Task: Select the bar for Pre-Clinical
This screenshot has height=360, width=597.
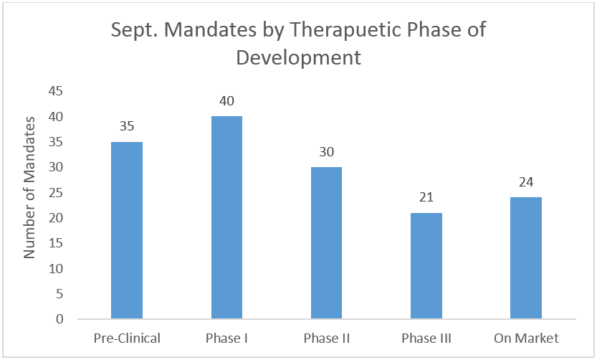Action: pyautogui.click(x=127, y=230)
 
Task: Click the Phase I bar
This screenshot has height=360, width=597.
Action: pyautogui.click(x=226, y=217)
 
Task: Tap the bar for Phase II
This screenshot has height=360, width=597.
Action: pyautogui.click(x=326, y=242)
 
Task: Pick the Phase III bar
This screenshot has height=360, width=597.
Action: pyautogui.click(x=426, y=265)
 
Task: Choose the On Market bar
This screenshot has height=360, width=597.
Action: pyautogui.click(x=526, y=258)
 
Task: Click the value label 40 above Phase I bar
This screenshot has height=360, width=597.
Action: pyautogui.click(x=226, y=101)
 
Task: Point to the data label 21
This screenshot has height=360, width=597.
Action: pyautogui.click(x=426, y=197)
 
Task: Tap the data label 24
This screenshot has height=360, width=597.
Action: pyautogui.click(x=526, y=182)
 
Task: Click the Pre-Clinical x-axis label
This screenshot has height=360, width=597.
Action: pyautogui.click(x=127, y=338)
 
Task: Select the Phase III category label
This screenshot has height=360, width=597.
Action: pyautogui.click(x=426, y=338)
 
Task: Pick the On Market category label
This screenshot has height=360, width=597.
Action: pyautogui.click(x=526, y=338)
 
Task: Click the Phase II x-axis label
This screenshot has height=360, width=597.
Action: pyautogui.click(x=327, y=338)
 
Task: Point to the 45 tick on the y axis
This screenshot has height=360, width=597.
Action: pyautogui.click(x=56, y=91)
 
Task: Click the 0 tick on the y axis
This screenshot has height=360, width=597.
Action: pyautogui.click(x=59, y=319)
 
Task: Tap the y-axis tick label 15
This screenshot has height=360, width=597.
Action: pyautogui.click(x=56, y=243)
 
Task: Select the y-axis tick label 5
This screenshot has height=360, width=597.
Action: pyautogui.click(x=59, y=294)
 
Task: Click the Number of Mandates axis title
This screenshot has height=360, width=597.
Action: pyautogui.click(x=29, y=188)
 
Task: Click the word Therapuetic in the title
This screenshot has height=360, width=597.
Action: pyautogui.click(x=345, y=29)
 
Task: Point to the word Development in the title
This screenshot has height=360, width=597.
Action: pyautogui.click(x=298, y=58)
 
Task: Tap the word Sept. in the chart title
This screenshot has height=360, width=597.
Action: pyautogui.click(x=135, y=29)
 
